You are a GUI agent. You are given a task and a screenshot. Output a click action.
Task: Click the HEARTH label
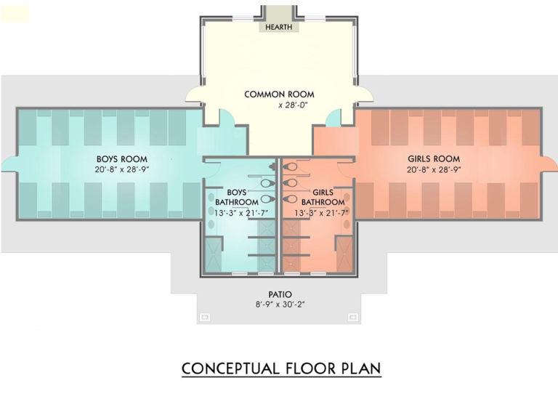(x=279, y=27)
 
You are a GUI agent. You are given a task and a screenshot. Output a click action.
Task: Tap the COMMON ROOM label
(x=279, y=94)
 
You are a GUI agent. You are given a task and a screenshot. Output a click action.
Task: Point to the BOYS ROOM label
(x=122, y=159)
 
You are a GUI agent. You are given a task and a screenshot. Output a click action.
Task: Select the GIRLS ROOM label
(x=434, y=159)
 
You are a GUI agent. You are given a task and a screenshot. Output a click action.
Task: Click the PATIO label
(x=280, y=294)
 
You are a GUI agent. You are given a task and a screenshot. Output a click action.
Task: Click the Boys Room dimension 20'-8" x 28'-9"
(x=122, y=169)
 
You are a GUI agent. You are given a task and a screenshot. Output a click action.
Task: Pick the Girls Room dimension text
(x=434, y=169)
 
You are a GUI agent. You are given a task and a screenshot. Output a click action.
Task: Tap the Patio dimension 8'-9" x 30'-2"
(x=280, y=305)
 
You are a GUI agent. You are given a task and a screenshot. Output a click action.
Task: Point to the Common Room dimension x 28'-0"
(x=293, y=105)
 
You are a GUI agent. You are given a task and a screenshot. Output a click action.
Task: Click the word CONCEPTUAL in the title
(x=230, y=368)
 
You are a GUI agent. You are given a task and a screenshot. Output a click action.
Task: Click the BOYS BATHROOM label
(x=237, y=197)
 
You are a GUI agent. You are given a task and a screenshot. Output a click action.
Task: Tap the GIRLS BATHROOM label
(x=323, y=197)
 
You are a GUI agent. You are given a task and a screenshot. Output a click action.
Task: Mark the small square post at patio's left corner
(x=206, y=317)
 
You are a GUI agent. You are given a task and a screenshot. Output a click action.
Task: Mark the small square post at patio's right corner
(x=353, y=317)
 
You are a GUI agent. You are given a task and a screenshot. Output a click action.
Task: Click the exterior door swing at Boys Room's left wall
(x=9, y=164)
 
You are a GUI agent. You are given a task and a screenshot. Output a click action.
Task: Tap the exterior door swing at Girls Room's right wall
(x=550, y=164)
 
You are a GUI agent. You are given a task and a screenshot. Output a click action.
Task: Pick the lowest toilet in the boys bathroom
(x=268, y=198)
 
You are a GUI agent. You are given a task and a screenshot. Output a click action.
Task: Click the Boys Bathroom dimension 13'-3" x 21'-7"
(x=241, y=213)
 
